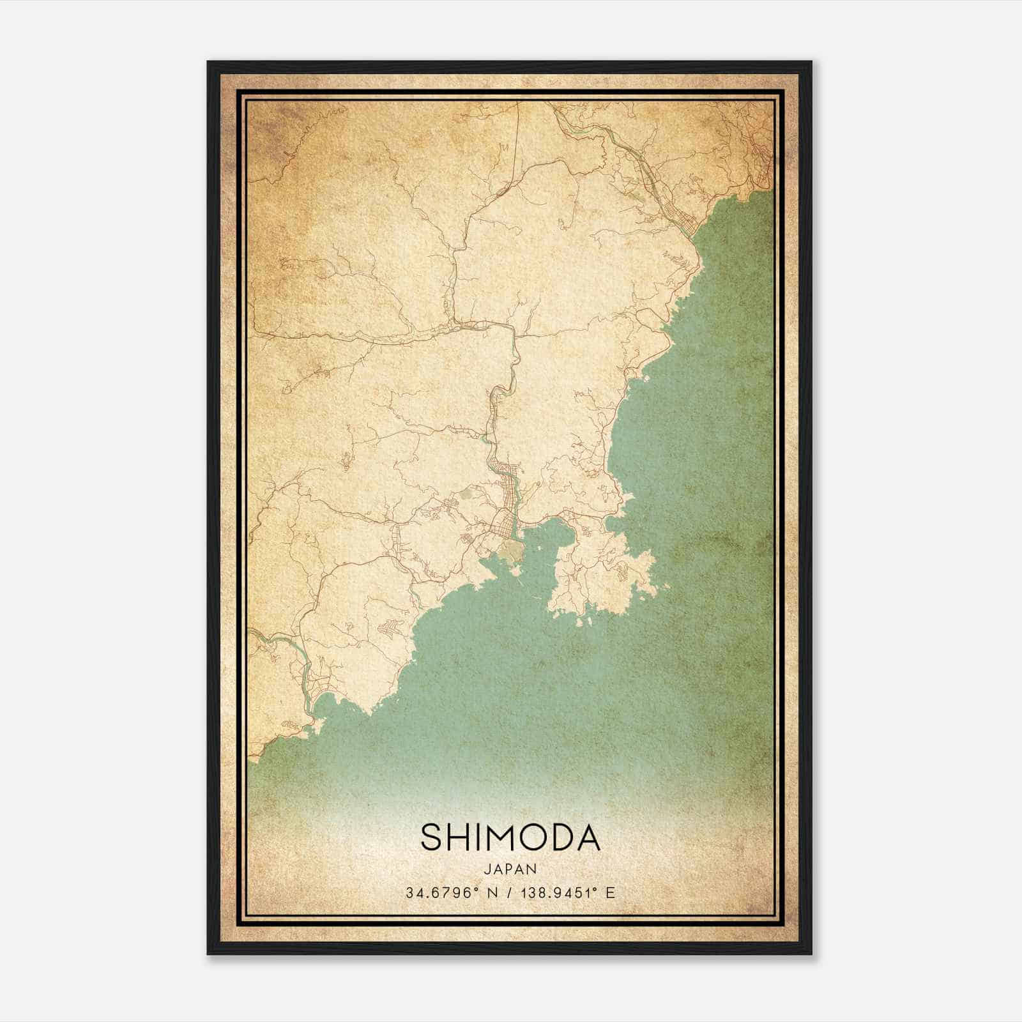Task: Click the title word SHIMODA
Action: click(x=510, y=837)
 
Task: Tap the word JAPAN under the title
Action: click(x=510, y=869)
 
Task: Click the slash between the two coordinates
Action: click(x=510, y=893)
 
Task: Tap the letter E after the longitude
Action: click(x=611, y=893)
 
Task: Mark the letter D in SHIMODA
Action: click(x=561, y=837)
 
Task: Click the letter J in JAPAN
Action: click(x=486, y=869)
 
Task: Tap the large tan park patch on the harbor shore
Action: click(x=511, y=549)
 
